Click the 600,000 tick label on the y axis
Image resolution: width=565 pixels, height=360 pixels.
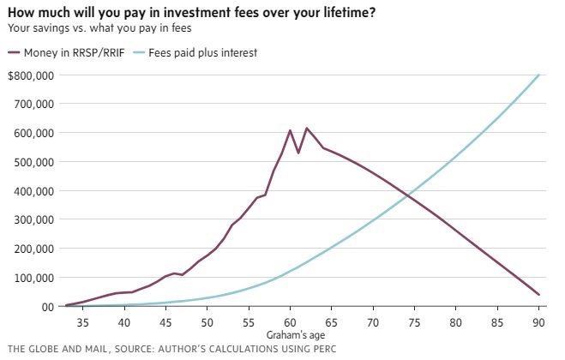(x=34, y=133)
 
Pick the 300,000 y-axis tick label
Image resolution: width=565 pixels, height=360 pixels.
(x=34, y=219)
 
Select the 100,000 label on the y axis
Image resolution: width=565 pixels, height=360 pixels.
(x=34, y=278)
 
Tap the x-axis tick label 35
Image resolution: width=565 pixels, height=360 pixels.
(x=83, y=322)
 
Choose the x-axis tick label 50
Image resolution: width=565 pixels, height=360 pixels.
(x=207, y=322)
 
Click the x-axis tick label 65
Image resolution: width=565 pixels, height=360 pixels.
(x=332, y=322)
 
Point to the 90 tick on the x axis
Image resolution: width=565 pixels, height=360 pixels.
(x=539, y=322)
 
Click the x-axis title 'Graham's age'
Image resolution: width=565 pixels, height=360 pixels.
(x=291, y=334)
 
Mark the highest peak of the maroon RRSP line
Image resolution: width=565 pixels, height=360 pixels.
(x=307, y=129)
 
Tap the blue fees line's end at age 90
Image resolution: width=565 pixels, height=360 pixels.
(x=539, y=75)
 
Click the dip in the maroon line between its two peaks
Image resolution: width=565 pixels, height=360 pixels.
(x=298, y=153)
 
